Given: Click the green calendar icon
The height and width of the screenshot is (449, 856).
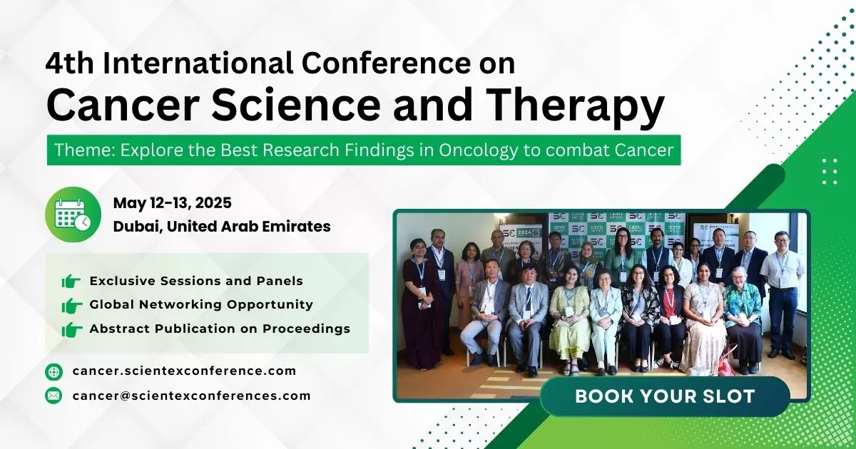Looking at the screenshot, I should tap(73, 214).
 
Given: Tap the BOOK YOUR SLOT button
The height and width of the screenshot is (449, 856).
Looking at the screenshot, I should tap(665, 396).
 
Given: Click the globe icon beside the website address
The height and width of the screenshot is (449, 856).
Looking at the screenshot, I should tap(53, 371).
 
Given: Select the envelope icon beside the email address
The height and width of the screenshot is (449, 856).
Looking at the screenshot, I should tap(53, 396).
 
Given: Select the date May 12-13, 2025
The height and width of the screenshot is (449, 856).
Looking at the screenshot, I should tap(172, 203).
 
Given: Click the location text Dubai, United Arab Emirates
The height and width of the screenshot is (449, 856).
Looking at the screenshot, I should tap(221, 227).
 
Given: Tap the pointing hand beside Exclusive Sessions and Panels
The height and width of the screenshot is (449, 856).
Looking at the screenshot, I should tap(71, 282).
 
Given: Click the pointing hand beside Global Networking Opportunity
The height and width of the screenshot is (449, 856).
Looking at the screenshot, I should tap(71, 305).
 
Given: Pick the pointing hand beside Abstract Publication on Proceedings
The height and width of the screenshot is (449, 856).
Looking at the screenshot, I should tap(71, 329).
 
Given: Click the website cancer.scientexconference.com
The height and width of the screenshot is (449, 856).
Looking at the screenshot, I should tap(184, 371).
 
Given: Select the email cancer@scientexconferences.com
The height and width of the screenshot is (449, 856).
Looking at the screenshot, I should tap(191, 396).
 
